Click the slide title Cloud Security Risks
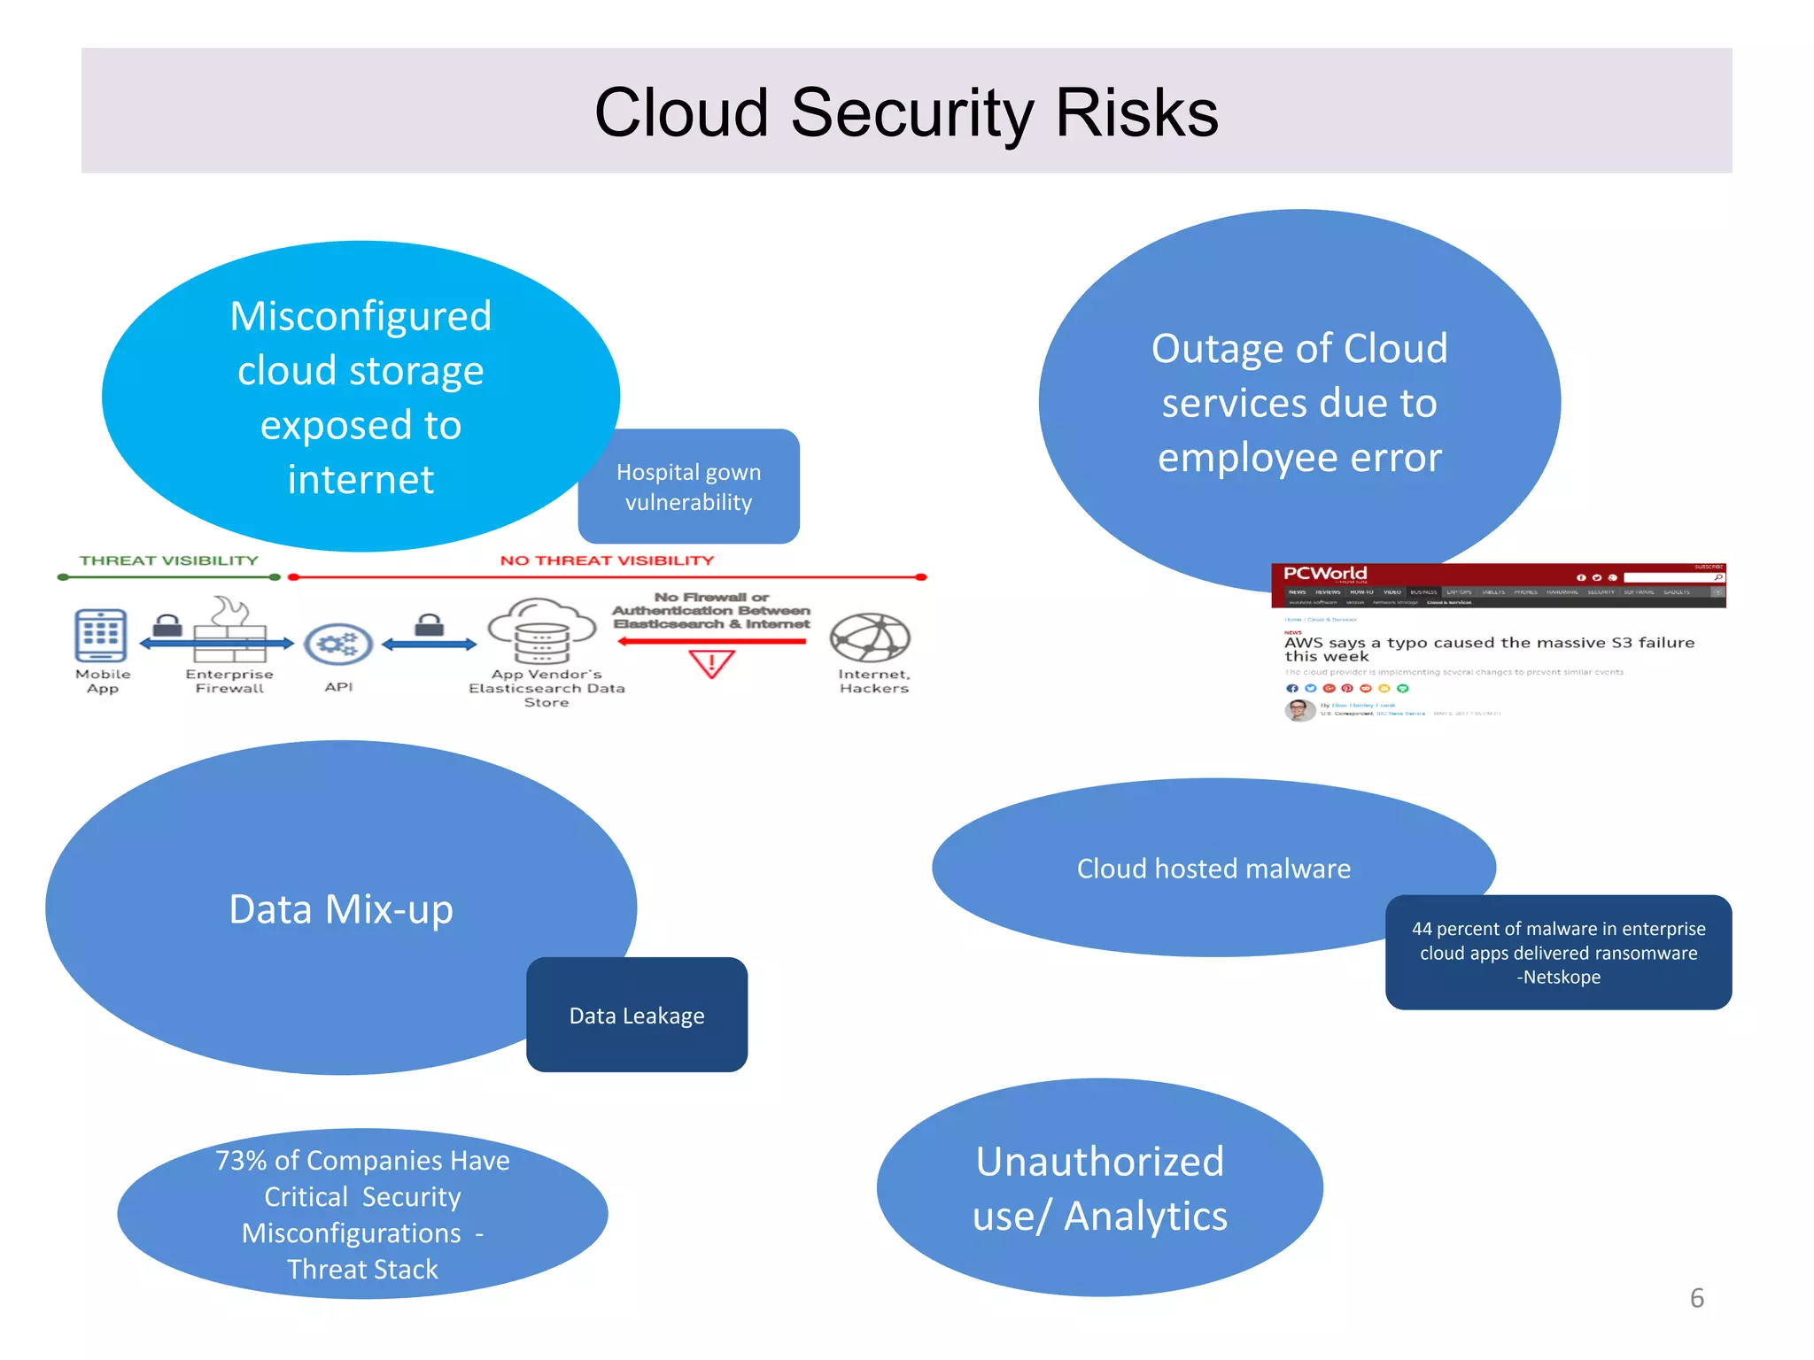tap(906, 112)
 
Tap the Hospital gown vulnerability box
tap(688, 487)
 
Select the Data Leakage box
tap(637, 1015)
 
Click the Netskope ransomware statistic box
tap(1558, 953)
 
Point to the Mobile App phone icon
tap(101, 635)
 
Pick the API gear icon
tap(338, 644)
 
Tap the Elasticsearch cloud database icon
tap(543, 631)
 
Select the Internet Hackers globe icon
tap(870, 637)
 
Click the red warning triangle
tap(712, 663)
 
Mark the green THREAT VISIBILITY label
tap(168, 560)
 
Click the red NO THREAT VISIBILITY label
tap(607, 560)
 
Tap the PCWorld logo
tap(1325, 574)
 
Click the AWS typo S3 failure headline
tap(1489, 649)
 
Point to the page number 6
tap(1696, 1298)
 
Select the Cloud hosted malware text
tap(1213, 869)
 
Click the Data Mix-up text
tap(341, 909)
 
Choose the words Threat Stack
tap(362, 1270)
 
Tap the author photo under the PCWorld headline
tap(1299, 710)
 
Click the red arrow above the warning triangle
tap(712, 641)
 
